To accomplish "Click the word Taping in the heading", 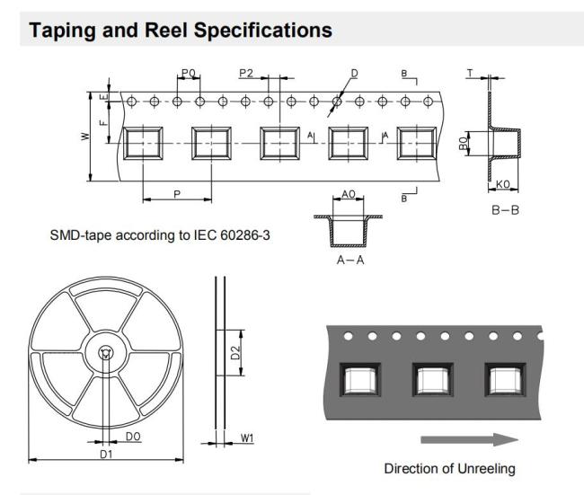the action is [62, 31].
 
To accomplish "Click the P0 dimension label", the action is [189, 73].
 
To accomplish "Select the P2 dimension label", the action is [246, 73].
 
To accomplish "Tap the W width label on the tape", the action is [85, 137].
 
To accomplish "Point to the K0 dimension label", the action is [503, 184].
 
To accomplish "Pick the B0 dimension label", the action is [463, 144].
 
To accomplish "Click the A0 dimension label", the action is [349, 194].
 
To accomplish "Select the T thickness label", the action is [471, 73].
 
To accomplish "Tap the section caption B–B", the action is [505, 210].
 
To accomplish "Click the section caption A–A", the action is [350, 260].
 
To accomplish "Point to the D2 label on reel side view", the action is [235, 353].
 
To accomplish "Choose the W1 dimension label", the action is [247, 438].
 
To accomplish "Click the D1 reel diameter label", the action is [106, 454].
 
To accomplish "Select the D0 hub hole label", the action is [133, 437].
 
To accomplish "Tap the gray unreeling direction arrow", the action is [469, 439].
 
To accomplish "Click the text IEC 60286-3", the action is [232, 235].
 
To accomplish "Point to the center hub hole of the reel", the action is [106, 353].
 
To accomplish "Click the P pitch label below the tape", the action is [177, 194].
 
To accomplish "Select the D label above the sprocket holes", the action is [354, 74].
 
